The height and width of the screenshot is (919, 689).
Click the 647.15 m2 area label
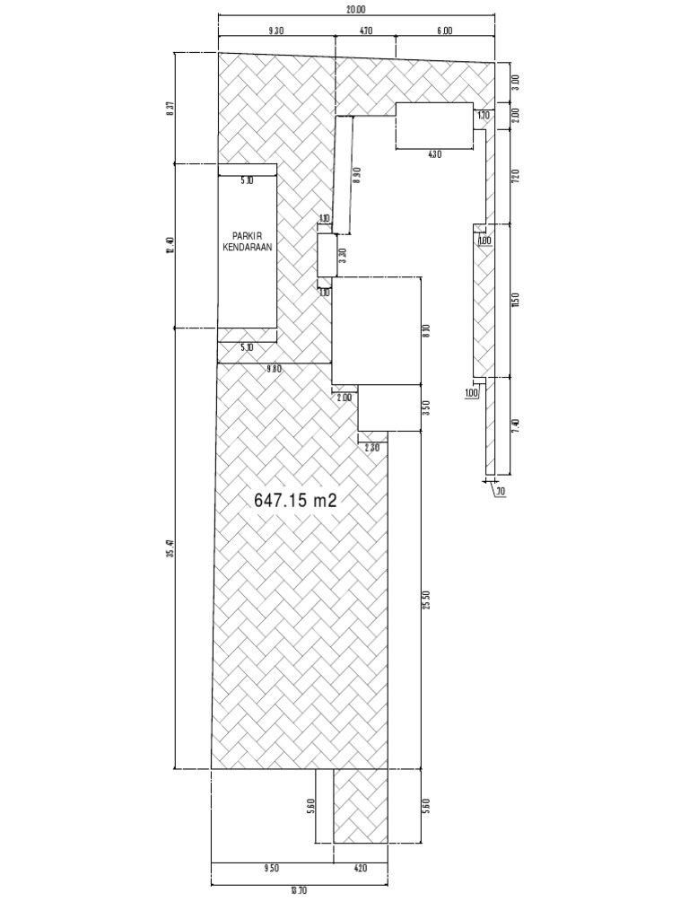(295, 501)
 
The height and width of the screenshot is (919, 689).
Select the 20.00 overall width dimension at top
(356, 10)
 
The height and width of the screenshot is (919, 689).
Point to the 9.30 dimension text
(276, 31)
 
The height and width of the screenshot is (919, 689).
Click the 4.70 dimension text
(365, 31)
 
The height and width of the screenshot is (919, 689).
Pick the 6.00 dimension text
(445, 31)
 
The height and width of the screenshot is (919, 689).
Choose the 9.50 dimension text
(272, 869)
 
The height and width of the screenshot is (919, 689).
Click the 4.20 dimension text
(361, 869)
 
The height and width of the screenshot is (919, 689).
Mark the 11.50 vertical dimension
(515, 300)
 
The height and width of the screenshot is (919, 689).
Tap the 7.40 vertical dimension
(515, 426)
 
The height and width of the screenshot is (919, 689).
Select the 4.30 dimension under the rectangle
(434, 154)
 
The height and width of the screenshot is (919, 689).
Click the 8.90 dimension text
(358, 176)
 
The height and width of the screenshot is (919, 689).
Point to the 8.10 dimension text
(426, 330)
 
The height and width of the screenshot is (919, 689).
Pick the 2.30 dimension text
(373, 447)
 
